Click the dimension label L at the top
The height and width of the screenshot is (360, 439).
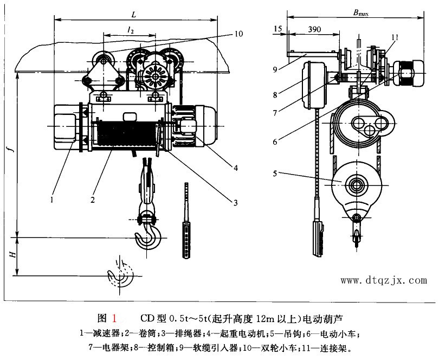(133, 11)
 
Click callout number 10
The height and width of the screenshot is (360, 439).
(239, 34)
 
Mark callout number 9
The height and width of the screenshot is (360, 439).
(275, 69)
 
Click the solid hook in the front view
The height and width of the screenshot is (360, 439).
(147, 239)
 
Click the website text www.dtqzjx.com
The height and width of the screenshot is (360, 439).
(383, 280)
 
